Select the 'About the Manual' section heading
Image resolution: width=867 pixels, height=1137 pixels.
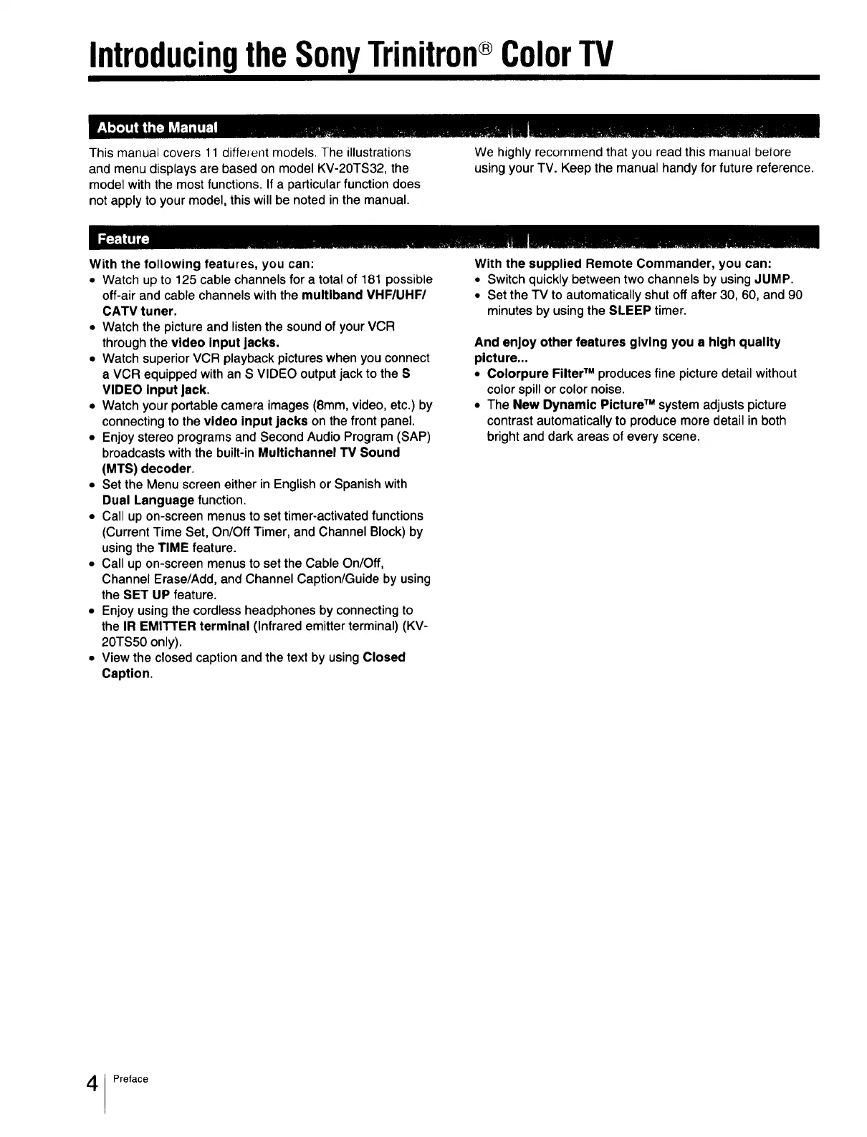point(156,128)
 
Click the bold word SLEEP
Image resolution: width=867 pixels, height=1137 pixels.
point(629,311)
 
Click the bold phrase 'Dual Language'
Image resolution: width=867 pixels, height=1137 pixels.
point(148,500)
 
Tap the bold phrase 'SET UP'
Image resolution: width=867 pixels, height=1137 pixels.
point(145,595)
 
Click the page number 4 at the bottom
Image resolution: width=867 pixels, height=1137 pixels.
point(92,1084)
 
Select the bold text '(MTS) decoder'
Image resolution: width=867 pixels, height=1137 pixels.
point(147,468)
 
